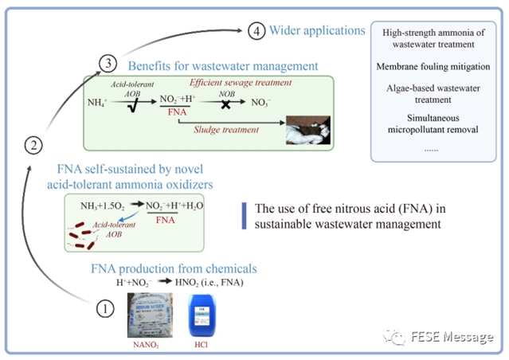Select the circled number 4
[x=256, y=32]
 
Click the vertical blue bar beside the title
[x=242, y=217]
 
